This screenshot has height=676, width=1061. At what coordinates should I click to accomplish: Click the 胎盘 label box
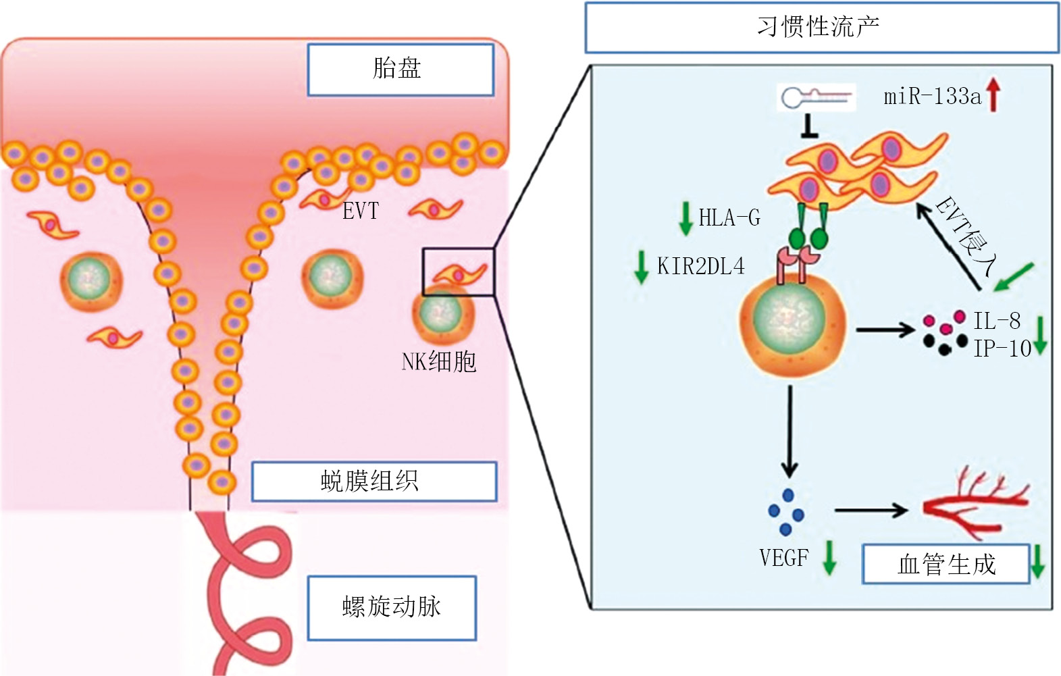400,70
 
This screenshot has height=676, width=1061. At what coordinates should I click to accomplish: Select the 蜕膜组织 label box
374,482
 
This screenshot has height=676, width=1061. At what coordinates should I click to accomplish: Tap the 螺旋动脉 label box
392,608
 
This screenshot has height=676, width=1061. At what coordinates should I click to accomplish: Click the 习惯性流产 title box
822,27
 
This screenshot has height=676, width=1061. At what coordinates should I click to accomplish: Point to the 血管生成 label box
946,564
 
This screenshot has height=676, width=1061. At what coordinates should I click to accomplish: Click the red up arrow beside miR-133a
993,95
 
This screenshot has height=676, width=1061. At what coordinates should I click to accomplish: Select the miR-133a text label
932,97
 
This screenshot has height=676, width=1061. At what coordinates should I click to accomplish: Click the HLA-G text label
729,217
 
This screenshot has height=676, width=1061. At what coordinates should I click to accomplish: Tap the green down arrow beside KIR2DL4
642,267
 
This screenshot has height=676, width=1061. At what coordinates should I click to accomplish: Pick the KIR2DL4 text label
700,266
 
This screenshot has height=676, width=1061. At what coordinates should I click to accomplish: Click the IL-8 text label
997,321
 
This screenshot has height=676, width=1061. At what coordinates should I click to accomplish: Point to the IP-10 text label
1002,349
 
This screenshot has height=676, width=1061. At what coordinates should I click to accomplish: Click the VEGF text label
784,558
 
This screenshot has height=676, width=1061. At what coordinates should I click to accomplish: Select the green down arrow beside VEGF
829,558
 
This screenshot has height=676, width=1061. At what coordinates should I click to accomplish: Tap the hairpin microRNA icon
816,97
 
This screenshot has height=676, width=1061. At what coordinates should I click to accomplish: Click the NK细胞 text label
438,362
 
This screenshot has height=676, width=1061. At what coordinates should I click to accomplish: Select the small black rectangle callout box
459,272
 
